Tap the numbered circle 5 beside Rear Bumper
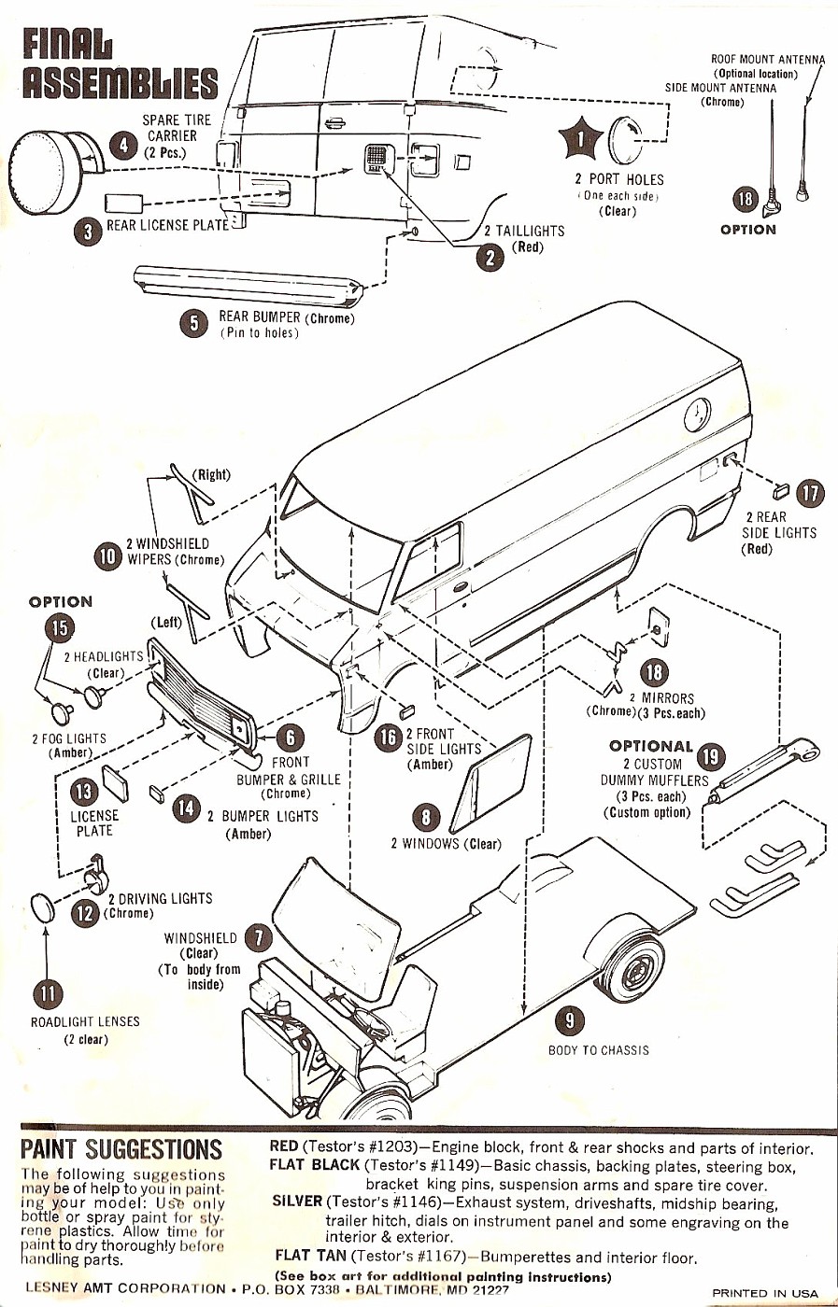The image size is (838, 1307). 193,323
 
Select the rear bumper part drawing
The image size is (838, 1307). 248,286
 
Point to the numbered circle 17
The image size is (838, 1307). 811,493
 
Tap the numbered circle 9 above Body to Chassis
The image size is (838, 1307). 570,1021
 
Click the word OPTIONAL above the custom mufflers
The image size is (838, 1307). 650,746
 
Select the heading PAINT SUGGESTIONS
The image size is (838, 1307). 121,1148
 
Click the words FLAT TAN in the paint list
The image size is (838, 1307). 311,1256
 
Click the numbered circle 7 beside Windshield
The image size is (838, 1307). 257,938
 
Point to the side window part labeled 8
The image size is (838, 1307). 490,783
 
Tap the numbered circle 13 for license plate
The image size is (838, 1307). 82,792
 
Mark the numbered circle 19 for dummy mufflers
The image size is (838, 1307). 712,756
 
